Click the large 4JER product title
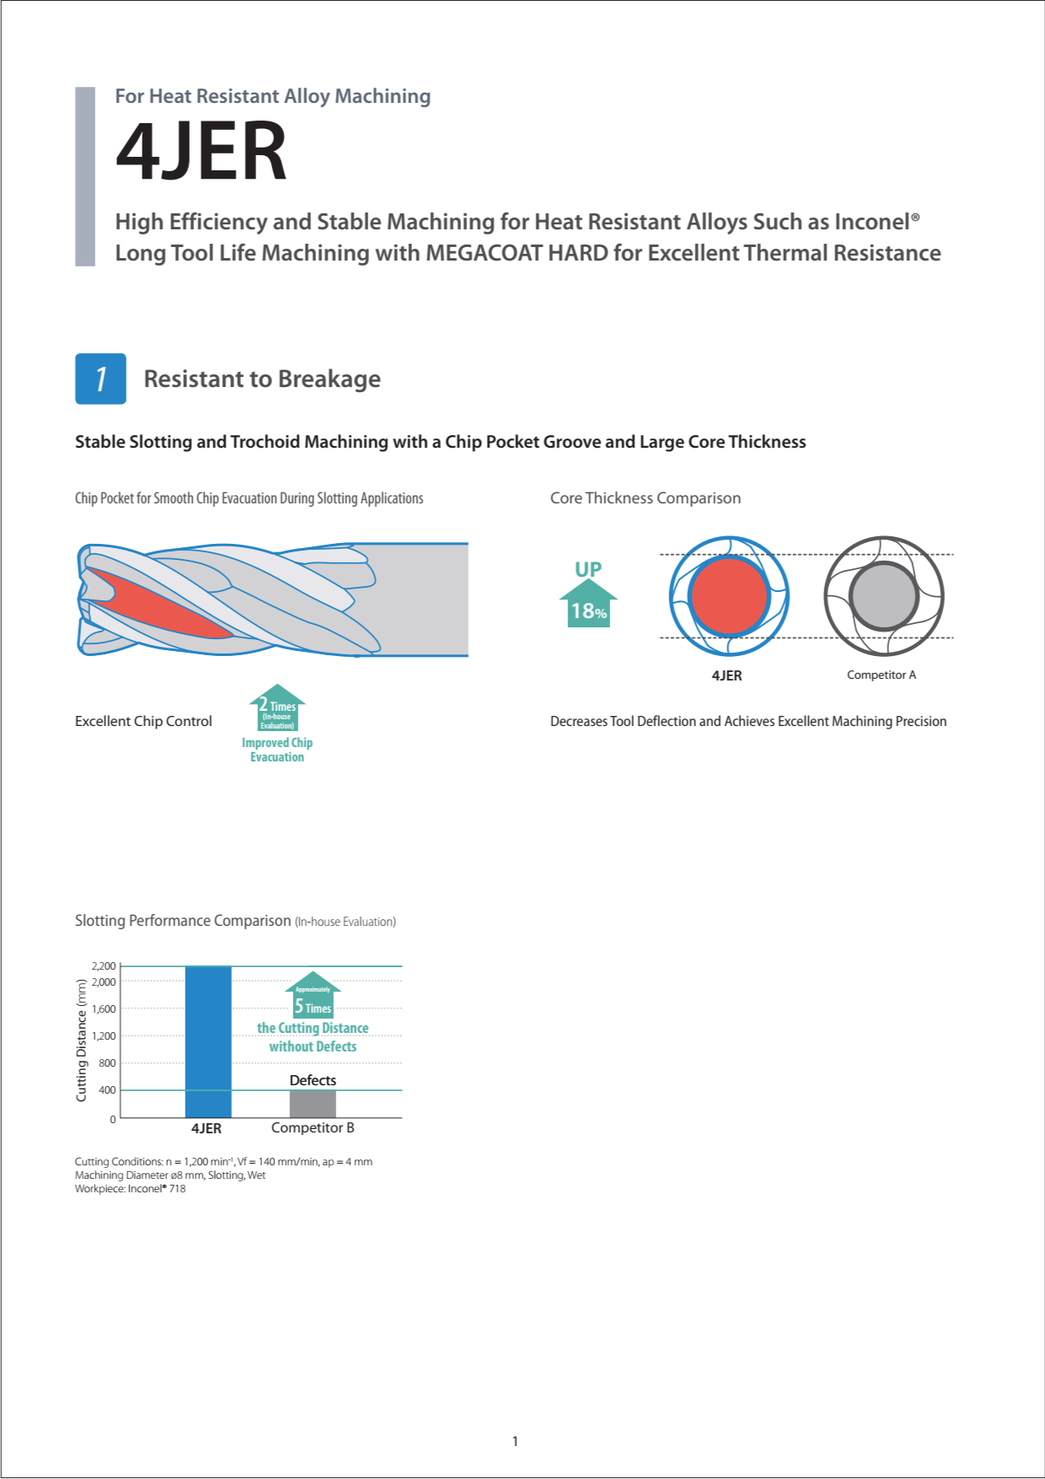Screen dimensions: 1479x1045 tap(201, 152)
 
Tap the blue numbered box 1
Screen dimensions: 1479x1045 tap(100, 379)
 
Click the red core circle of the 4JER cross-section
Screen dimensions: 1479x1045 tap(729, 595)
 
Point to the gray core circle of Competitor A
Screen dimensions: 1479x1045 tap(883, 595)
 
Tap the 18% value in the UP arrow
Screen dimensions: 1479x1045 tap(588, 611)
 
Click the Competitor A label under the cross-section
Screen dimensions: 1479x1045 tap(881, 675)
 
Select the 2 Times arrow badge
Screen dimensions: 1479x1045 tap(277, 708)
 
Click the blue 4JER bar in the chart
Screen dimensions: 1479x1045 tap(208, 1041)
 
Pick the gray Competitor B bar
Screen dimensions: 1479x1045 tap(313, 1104)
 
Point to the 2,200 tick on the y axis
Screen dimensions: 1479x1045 tap(104, 966)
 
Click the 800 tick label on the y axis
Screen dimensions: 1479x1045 tap(107, 1063)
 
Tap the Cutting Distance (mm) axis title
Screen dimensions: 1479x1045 tap(82, 1040)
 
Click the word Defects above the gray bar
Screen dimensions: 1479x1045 tap(313, 1080)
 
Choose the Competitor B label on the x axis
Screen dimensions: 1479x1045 tap(313, 1128)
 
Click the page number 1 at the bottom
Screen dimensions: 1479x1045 tap(515, 1441)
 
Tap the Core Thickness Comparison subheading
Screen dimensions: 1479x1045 tap(646, 498)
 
